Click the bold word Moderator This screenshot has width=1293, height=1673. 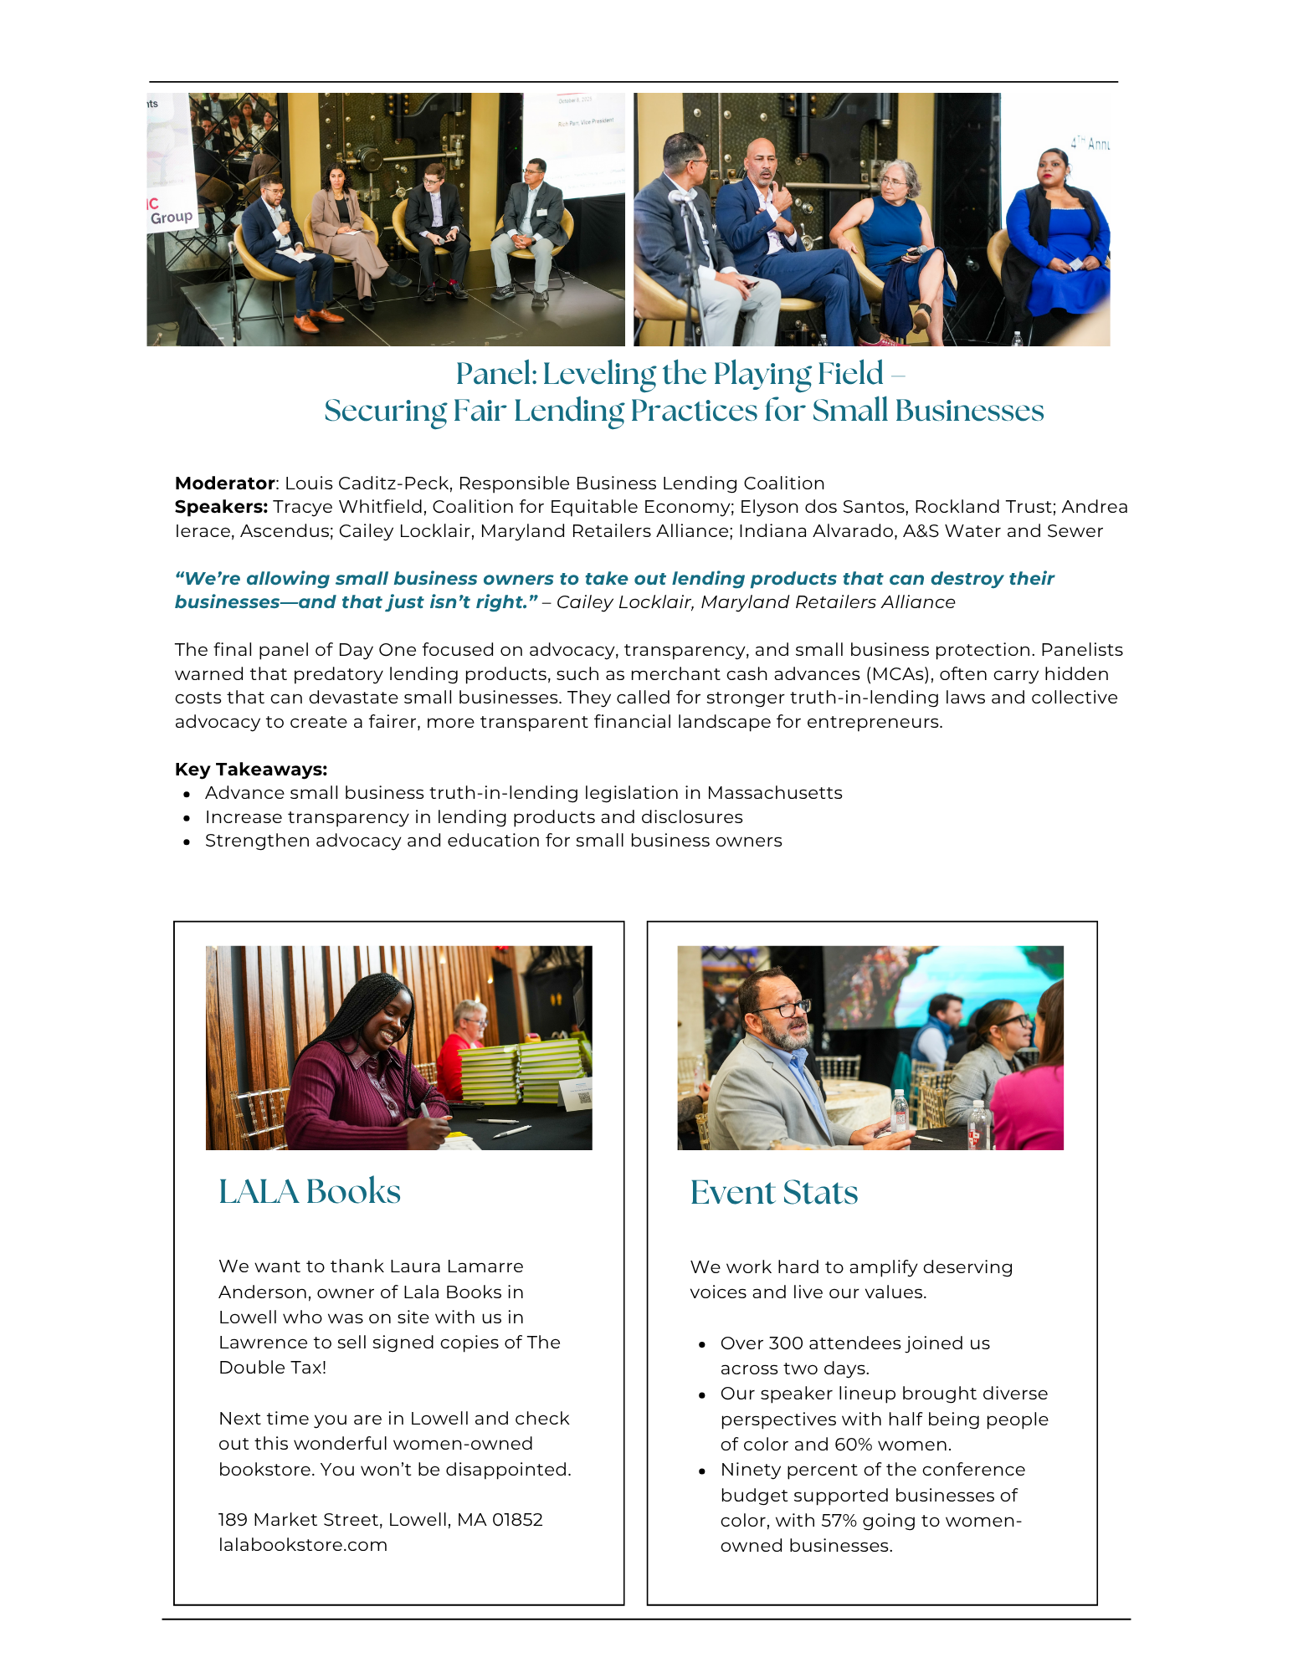click(x=224, y=483)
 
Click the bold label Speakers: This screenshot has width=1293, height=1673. click(x=221, y=507)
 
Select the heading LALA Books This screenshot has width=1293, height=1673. click(x=310, y=1192)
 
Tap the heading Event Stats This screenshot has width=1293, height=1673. click(x=773, y=1193)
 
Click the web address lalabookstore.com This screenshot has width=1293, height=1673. click(x=303, y=1545)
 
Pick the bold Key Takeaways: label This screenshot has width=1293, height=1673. click(x=251, y=770)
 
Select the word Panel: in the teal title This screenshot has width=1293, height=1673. click(x=496, y=374)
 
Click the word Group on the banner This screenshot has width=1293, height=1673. click(x=172, y=217)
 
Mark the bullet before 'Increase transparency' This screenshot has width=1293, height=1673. click(x=187, y=818)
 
